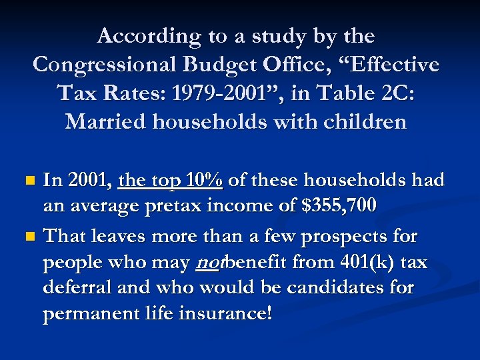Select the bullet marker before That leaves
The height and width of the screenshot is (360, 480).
(x=28, y=237)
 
